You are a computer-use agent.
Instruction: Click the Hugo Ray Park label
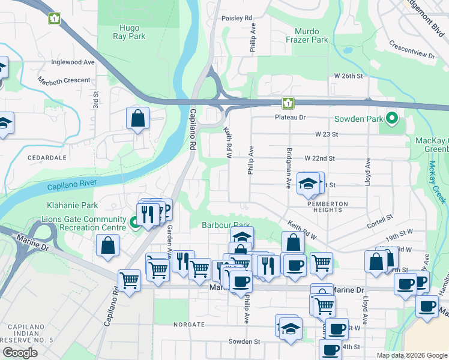point(128,32)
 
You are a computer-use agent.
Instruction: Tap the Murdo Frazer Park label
point(311,35)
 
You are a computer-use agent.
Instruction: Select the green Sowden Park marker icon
point(392,118)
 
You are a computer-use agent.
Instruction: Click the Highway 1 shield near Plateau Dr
point(288,103)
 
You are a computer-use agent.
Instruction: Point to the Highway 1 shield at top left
point(55,19)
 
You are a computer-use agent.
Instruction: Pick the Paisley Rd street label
point(237,19)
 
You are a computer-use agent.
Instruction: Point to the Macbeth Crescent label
point(64,80)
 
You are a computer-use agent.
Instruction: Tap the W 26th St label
point(349,76)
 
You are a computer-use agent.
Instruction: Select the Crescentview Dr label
point(412,50)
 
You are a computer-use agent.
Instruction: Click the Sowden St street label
point(244,341)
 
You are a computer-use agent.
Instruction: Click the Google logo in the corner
point(20,352)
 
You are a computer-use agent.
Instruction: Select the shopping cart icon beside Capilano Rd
point(130,280)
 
